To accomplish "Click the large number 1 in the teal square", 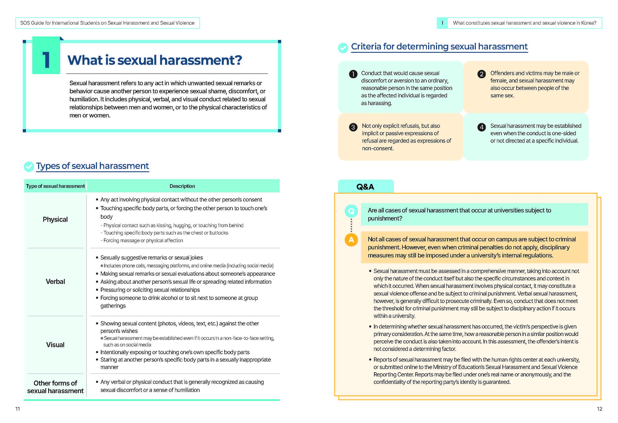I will tap(46, 59).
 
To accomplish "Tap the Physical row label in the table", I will tap(55, 219).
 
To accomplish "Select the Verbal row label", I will tap(55, 282).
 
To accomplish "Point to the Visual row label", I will tap(55, 344).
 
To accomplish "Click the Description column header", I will tap(182, 186).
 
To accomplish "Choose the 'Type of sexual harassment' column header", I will tap(55, 186).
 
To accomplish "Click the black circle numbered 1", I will tap(353, 74).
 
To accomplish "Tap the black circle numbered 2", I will tap(481, 74).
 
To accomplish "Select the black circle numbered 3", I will tap(353, 127).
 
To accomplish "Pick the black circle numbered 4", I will tap(481, 127).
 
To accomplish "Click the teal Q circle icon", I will tap(351, 211).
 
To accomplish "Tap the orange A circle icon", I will tap(351, 240).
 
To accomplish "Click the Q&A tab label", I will tap(365, 187).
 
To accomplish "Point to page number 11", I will tap(18, 409).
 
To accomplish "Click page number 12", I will tap(599, 409).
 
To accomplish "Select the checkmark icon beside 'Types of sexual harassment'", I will tap(29, 166).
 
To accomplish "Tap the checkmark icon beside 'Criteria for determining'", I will tap(343, 48).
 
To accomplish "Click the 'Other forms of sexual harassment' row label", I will tap(55, 387).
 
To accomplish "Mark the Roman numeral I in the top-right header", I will tap(442, 23).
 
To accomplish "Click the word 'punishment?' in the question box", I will tap(385, 218).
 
